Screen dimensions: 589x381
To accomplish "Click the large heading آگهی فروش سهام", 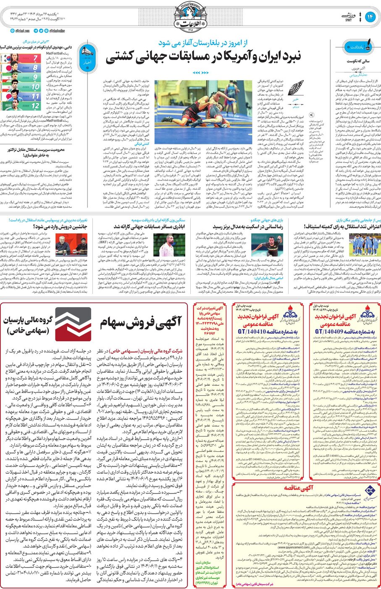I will coord(141,323).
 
